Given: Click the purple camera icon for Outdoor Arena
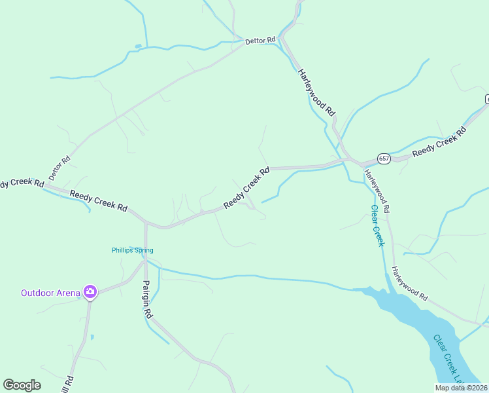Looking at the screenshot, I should (90, 292).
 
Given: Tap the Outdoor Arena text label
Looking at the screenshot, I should (50, 293).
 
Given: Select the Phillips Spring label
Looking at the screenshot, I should (132, 250).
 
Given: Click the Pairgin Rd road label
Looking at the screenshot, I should (147, 299).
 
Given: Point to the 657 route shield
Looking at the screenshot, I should (384, 159).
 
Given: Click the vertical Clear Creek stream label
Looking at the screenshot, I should (377, 226).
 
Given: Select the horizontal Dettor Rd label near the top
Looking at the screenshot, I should (260, 41).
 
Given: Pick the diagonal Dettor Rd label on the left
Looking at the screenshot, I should (59, 169).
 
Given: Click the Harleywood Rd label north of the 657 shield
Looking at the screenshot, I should (316, 92).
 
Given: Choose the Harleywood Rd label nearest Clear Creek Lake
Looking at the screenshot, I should (409, 283).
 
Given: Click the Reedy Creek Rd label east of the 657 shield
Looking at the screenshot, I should (439, 141).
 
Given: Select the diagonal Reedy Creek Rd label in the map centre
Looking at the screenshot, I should (246, 189).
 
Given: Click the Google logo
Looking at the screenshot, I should (22, 385).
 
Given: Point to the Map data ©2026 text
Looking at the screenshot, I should (460, 388).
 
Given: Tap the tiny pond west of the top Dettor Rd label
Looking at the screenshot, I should (138, 46).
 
